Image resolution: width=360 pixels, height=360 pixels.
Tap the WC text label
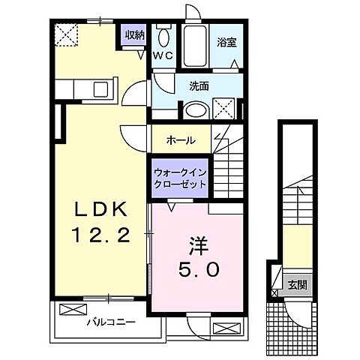click(x=163, y=55)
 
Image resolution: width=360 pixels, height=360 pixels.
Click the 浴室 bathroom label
click(x=226, y=43)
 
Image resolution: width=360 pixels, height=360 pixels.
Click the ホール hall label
click(x=181, y=140)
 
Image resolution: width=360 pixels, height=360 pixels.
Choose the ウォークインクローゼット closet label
click(x=179, y=178)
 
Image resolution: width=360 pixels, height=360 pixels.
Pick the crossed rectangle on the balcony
click(x=73, y=310)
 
